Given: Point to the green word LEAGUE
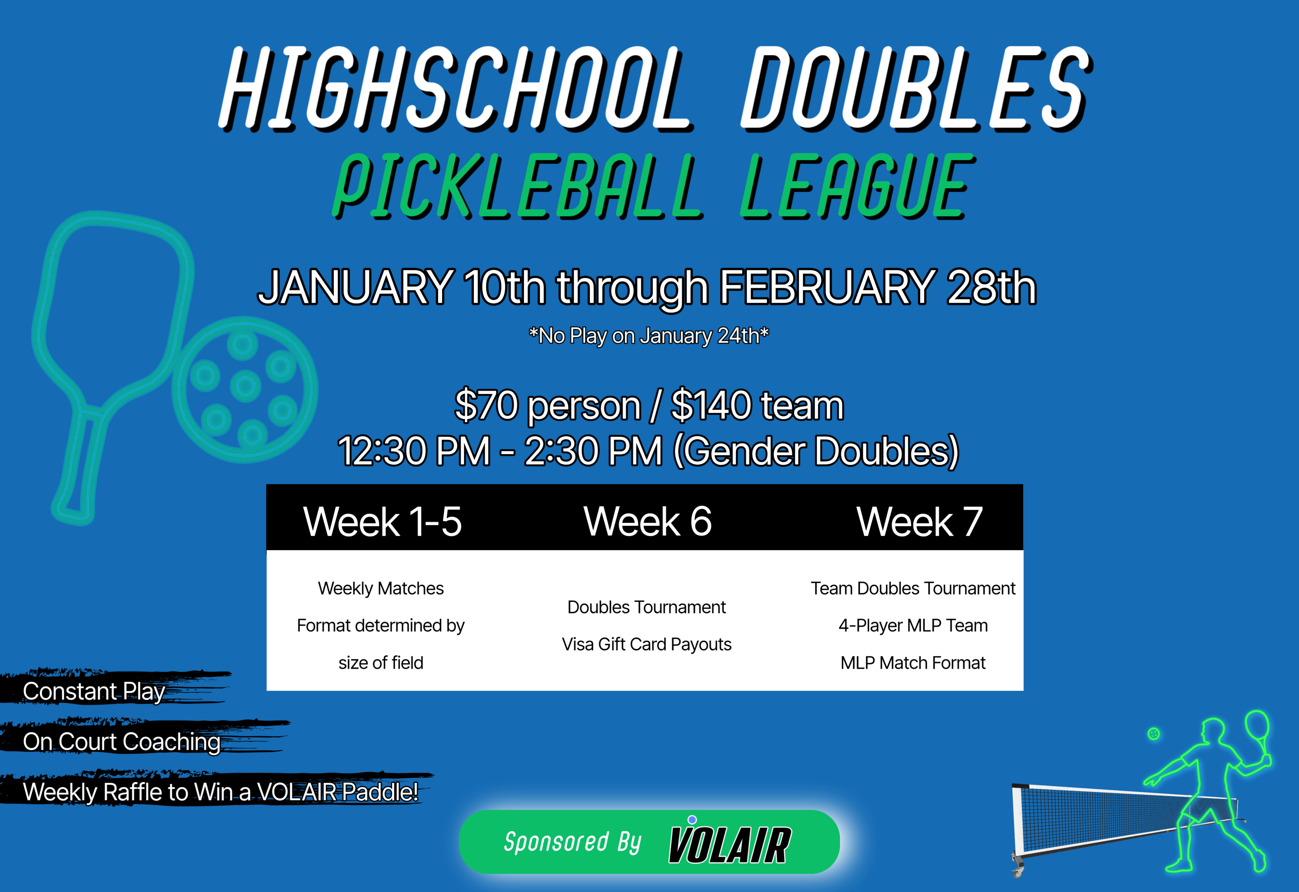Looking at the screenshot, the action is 858,186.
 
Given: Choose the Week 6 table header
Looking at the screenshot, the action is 647,521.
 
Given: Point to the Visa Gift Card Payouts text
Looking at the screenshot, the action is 647,644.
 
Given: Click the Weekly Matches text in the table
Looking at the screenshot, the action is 381,588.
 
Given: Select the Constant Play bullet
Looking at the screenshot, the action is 94,692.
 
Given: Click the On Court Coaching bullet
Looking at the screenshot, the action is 122,742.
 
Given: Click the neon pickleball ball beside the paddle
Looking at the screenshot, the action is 245,390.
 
